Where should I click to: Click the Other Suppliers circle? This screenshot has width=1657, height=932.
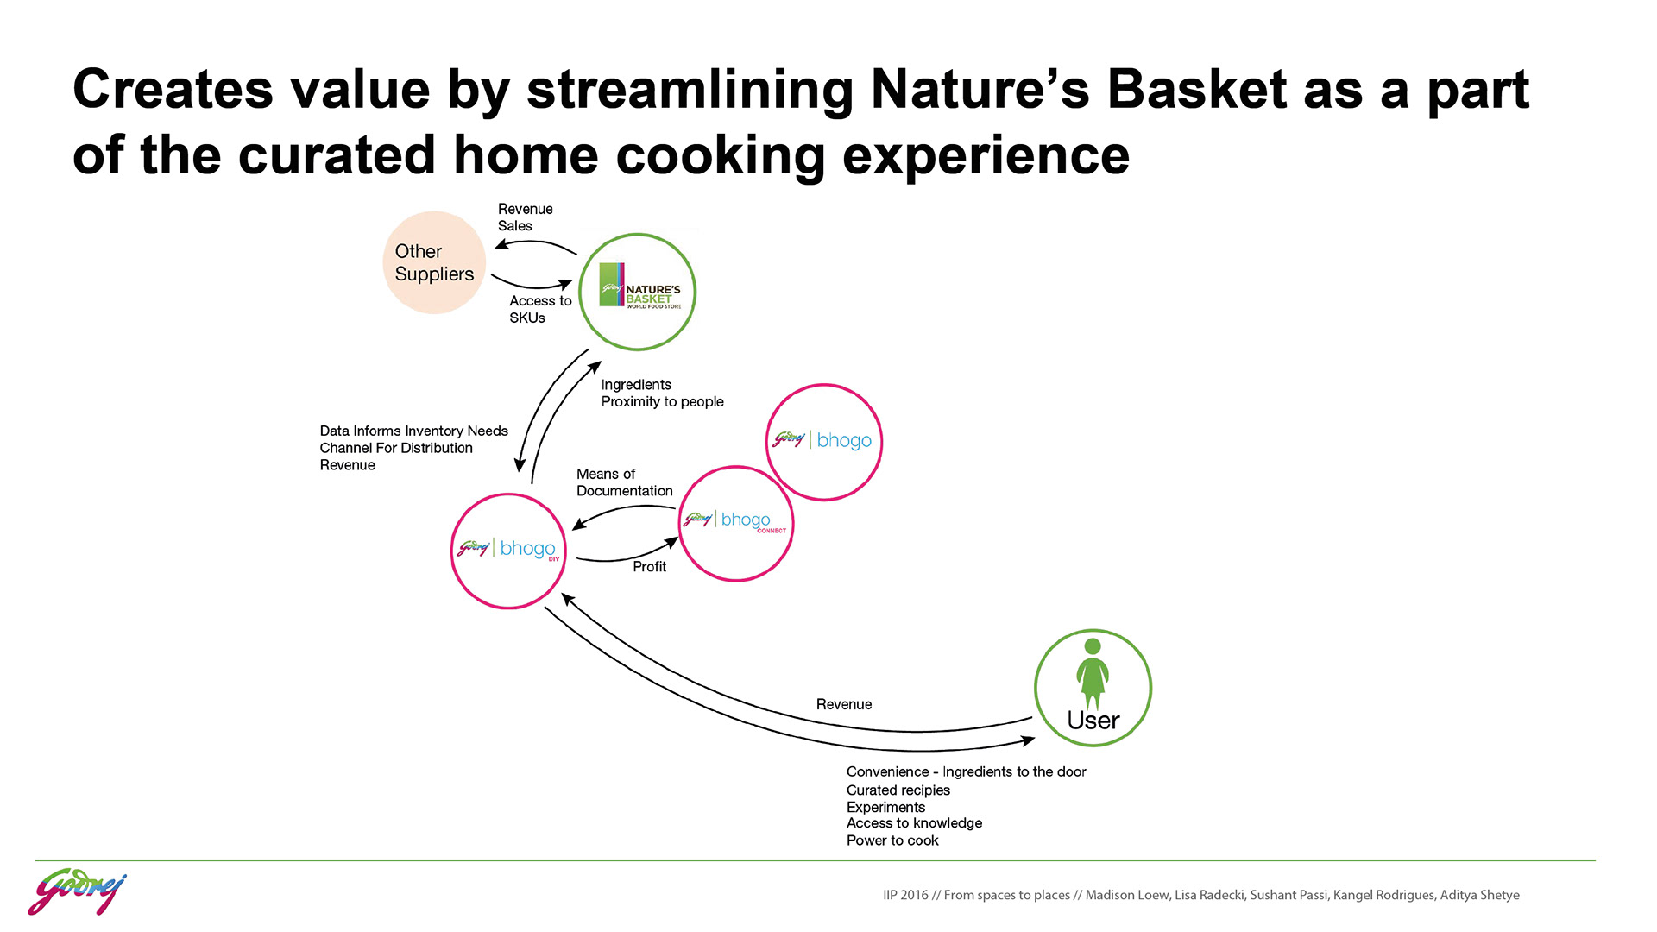434,262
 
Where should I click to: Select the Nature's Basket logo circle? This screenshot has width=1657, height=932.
637,293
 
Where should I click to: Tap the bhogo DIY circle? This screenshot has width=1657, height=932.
508,551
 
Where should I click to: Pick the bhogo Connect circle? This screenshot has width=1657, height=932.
735,523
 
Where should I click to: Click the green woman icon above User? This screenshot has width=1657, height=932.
1093,672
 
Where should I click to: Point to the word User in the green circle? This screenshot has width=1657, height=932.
1093,721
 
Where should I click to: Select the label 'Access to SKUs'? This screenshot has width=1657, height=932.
539,309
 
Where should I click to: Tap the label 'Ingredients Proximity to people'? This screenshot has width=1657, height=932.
662,393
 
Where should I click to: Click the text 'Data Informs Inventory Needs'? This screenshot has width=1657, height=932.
413,431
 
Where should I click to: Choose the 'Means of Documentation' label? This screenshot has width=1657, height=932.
624,482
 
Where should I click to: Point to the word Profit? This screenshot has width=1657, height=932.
649,566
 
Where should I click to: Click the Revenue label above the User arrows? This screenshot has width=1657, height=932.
843,704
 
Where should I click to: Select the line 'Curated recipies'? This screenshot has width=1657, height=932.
898,790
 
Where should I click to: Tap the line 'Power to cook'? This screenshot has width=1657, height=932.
892,841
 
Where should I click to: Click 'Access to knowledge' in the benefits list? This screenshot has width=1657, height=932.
914,823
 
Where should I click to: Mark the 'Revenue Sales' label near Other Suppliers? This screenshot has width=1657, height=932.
525,217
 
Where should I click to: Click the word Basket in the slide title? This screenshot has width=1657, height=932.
1197,89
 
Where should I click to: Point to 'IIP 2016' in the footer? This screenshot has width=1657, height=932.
905,895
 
